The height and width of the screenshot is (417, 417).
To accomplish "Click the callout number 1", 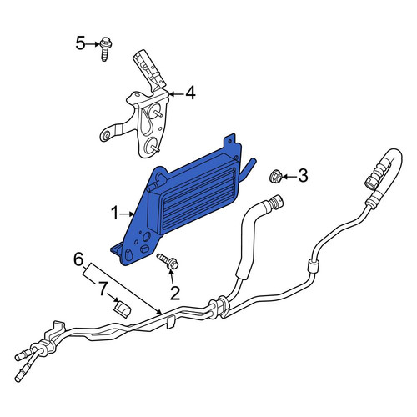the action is coord(115,214).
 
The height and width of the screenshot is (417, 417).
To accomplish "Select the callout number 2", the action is coord(175,293).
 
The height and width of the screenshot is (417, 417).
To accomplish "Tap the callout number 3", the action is coord(303,176).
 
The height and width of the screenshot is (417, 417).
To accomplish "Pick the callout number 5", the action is coord(80,43).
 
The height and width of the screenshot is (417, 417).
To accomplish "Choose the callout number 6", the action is coord(78,260).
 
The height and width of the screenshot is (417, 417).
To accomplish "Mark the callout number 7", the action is coord(103,289).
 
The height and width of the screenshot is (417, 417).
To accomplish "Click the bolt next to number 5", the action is coord(105,49).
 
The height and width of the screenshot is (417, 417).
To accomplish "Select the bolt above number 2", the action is coord(168,261).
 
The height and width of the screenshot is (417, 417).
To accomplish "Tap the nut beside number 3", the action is coord(276,176).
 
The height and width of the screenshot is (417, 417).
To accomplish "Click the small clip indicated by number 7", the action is coord(123,309).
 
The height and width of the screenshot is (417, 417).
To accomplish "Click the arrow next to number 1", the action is coord(128,214).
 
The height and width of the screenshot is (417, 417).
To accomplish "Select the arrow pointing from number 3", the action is coord(289,176).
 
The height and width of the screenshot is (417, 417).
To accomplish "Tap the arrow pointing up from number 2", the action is coord(172,276).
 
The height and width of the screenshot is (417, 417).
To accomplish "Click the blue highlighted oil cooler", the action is coord(178,203).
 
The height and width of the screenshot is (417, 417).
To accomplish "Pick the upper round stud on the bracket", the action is coord(155,110).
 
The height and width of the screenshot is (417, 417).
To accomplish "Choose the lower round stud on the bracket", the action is coord(152,144).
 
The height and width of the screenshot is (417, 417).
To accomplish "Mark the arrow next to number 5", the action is coord(93,44).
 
